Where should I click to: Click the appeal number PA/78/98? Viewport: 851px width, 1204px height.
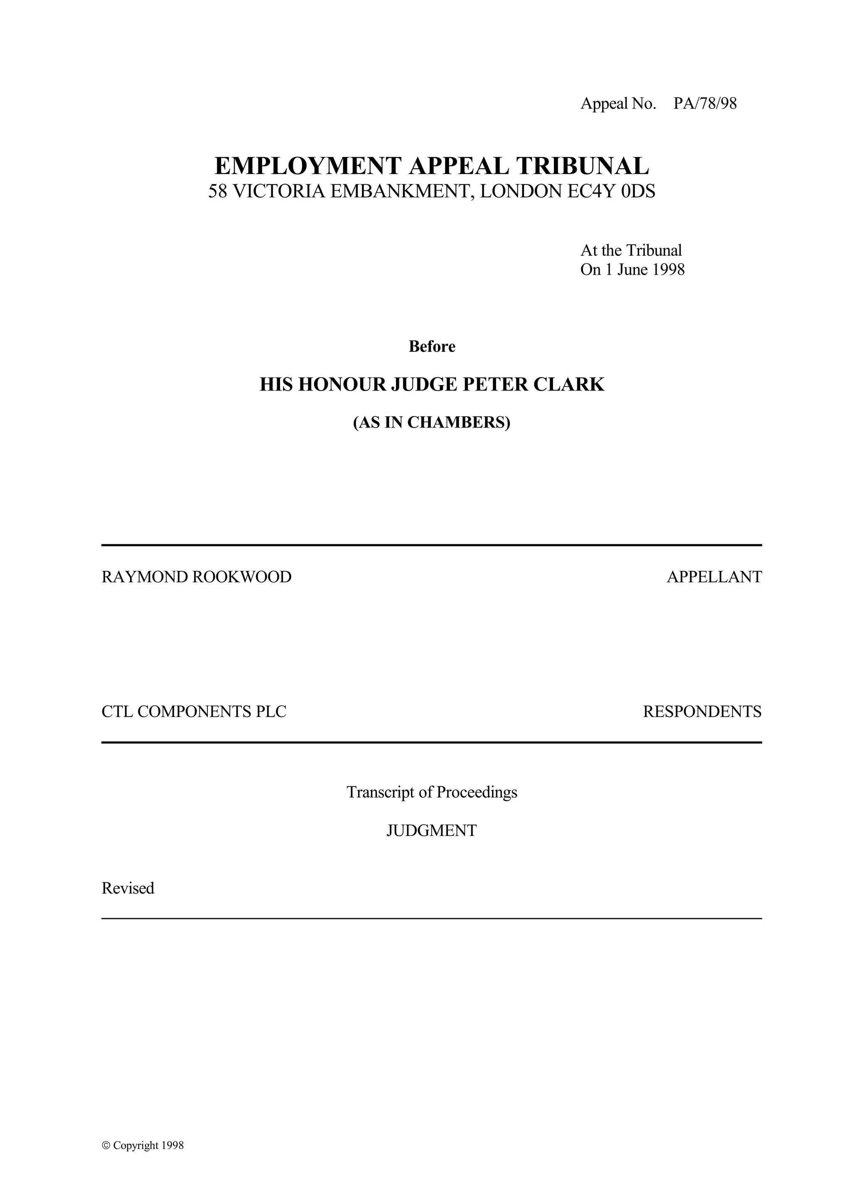tap(705, 104)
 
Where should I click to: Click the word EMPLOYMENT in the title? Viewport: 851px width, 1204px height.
tap(308, 166)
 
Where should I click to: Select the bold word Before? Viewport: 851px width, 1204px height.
tap(432, 346)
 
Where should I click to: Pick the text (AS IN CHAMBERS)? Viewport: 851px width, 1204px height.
tap(432, 423)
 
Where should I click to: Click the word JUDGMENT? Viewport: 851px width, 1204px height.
tap(432, 831)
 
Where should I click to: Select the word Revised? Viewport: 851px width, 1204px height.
tap(128, 888)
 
